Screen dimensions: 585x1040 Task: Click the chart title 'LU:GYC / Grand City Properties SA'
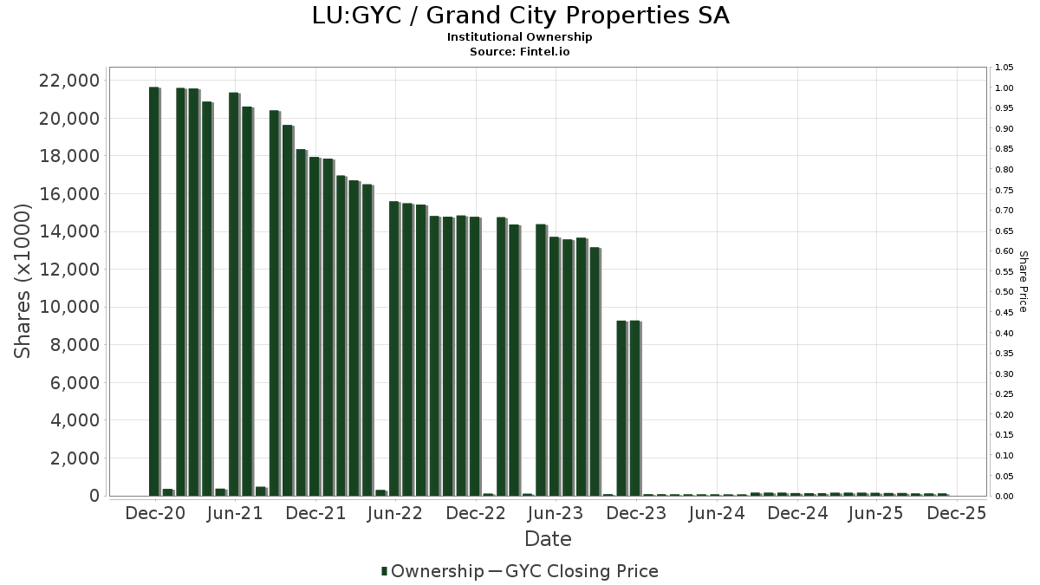[x=520, y=16]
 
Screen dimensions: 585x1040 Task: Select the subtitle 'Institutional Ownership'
[x=520, y=37]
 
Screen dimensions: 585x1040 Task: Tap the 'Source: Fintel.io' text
[x=520, y=51]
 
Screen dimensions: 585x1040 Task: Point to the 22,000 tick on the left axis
[x=69, y=81]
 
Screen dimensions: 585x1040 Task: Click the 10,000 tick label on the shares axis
[x=69, y=307]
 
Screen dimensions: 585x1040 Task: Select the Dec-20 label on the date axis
[x=155, y=513]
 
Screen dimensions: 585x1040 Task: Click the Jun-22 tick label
[x=394, y=513]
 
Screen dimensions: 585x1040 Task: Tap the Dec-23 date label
[x=636, y=513]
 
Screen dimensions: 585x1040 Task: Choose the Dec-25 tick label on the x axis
[x=957, y=513]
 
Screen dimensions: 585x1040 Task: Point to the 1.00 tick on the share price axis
[x=1004, y=88]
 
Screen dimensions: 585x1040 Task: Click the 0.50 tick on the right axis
[x=1004, y=292]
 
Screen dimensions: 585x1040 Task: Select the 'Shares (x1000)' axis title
[x=23, y=281]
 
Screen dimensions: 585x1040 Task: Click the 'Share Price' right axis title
[x=1023, y=281]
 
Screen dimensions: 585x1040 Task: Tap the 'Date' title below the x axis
[x=548, y=539]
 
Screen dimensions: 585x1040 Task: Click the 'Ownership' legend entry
[x=436, y=571]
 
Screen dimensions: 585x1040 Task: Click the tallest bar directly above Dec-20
[x=154, y=291]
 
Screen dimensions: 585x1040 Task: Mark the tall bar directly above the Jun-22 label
[x=394, y=348]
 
